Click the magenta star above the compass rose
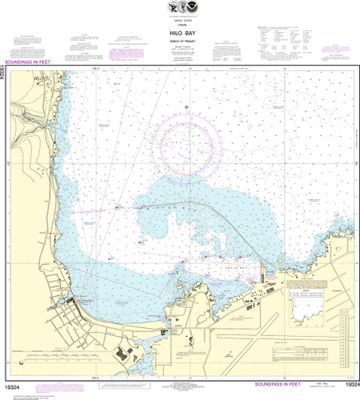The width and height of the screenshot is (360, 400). (187, 106)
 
